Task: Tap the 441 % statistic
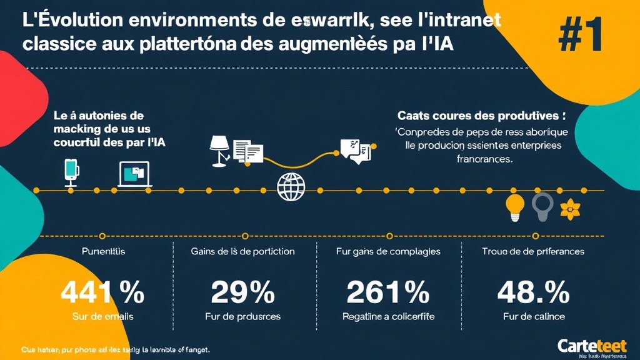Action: pyautogui.click(x=102, y=291)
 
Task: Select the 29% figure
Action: pyautogui.click(x=242, y=291)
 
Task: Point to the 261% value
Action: pyautogui.click(x=388, y=291)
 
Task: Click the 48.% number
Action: pyautogui.click(x=533, y=291)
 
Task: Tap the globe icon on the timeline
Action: pyautogui.click(x=291, y=186)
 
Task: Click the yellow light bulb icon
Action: pyautogui.click(x=514, y=207)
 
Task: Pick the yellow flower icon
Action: pyautogui.click(x=571, y=209)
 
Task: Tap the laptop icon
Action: pyautogui.click(x=135, y=174)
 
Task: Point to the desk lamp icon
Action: pyautogui.click(x=219, y=151)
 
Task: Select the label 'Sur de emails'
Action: pyautogui.click(x=102, y=316)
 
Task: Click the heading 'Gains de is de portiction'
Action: pyautogui.click(x=242, y=251)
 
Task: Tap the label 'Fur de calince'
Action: pyautogui.click(x=533, y=316)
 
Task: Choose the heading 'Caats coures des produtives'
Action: pyautogui.click(x=481, y=116)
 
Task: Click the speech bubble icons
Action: pyautogui.click(x=355, y=151)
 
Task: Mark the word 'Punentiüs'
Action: pyautogui.click(x=103, y=251)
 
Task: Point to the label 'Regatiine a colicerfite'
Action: pyautogui.click(x=388, y=316)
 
